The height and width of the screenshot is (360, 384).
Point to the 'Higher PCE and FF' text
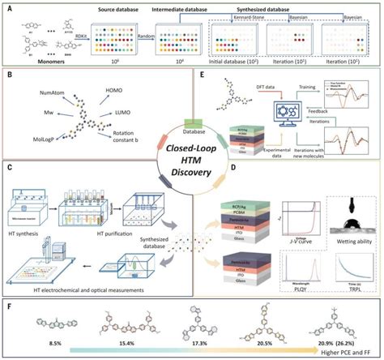(340, 354)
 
